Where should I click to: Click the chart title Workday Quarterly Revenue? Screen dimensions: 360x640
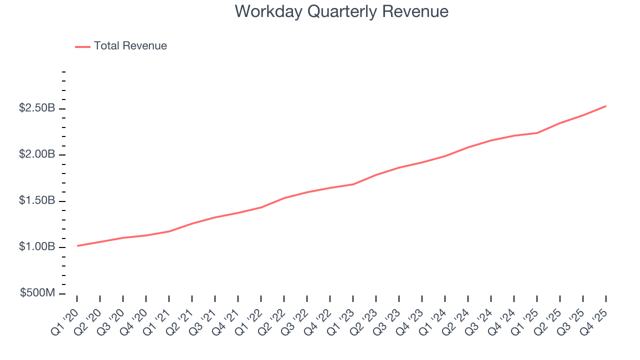pos(341,11)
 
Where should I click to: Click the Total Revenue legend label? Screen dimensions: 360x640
pos(130,46)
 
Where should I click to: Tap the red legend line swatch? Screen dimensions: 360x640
pos(82,46)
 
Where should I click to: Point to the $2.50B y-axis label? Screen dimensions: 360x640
pos(37,108)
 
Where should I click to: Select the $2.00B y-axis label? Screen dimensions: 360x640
pos(37,154)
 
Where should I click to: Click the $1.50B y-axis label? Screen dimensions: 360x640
pos(37,200)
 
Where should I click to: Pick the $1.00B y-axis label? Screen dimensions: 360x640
pos(37,247)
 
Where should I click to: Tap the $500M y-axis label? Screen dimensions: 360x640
pos(37,293)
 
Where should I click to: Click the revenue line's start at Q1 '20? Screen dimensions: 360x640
pos(77,245)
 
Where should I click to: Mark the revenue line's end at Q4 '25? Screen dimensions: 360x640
pos(606,106)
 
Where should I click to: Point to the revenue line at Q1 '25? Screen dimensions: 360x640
pos(537,133)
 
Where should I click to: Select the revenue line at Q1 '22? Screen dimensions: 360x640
pos(261,207)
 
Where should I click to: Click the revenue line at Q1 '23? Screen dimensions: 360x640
pos(353,184)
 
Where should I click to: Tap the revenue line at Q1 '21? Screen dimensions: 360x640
pos(169,231)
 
